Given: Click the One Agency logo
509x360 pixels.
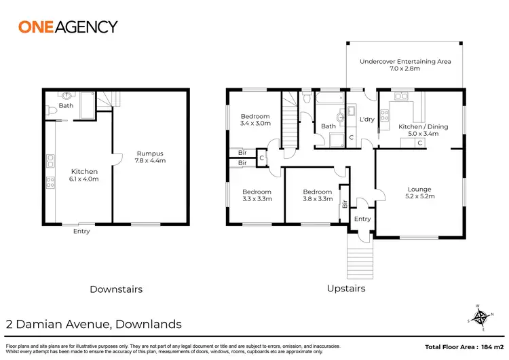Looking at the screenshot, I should point(67,27).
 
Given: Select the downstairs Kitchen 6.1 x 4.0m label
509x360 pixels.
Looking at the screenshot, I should point(84,175).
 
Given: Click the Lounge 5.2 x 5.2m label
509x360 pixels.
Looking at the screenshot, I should point(420,193).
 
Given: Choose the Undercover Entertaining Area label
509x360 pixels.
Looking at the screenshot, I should point(405,65).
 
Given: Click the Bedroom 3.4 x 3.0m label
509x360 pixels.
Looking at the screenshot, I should point(255,120).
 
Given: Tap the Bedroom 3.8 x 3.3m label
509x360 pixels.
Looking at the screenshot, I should point(317,196).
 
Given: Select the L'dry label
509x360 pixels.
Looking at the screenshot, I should point(366,120).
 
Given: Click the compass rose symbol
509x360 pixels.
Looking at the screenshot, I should point(480,317).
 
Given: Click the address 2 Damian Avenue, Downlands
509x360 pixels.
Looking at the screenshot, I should point(94,324).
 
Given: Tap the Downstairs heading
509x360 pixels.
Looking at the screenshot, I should point(116,289).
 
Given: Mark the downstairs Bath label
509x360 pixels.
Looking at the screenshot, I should point(66,106).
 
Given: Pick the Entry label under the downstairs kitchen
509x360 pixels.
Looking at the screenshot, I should point(81,232).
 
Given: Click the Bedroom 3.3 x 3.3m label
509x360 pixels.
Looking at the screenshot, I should point(257,196).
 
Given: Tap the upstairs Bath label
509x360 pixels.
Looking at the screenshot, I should point(328,126).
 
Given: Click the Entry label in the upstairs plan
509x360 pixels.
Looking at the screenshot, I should point(362,219).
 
